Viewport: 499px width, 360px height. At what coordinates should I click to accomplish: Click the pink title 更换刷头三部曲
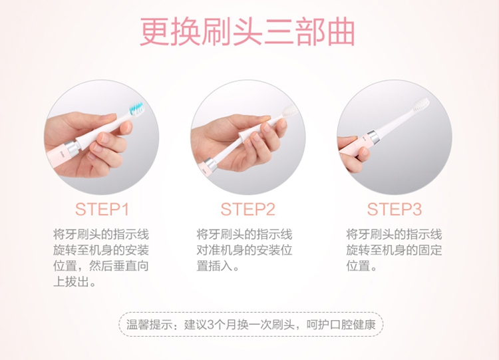(248, 32)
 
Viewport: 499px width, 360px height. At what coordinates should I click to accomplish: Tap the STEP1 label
(102, 210)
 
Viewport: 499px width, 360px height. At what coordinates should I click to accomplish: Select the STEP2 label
(248, 210)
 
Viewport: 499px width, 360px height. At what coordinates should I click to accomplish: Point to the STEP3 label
(395, 210)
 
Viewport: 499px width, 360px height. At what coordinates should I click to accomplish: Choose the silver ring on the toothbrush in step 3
(373, 138)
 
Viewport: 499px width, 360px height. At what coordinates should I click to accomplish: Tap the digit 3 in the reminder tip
(210, 325)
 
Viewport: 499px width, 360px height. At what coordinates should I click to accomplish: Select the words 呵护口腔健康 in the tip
(341, 325)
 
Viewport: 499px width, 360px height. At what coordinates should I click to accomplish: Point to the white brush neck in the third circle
(395, 123)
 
